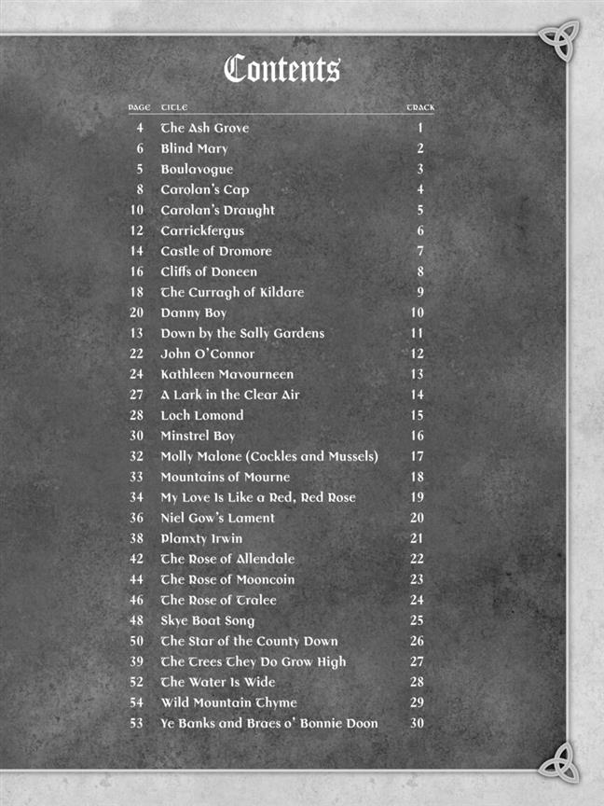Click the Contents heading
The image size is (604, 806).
282,69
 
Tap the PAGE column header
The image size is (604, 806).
139,108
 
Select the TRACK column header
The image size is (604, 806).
419,108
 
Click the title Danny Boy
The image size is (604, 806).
193,313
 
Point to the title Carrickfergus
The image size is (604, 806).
202,230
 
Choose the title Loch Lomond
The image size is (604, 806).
201,415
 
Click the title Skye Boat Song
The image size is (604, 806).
207,620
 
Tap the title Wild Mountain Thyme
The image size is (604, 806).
228,702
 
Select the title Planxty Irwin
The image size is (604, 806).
201,538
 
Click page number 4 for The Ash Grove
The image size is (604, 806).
140,128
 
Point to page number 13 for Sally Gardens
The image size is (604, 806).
137,333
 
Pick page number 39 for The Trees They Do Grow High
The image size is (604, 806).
137,661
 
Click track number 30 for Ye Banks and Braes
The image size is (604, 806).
417,723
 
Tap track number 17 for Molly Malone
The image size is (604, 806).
417,456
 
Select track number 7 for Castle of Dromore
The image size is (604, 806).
420,251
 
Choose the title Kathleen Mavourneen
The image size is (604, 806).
226,374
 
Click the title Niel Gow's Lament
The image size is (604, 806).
217,518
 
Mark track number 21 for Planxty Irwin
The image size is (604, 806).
417,538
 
